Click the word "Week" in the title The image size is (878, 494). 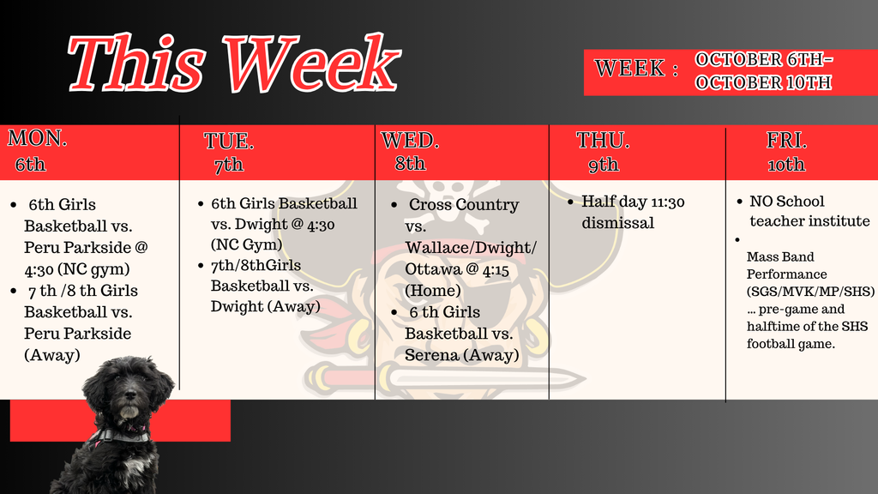(x=312, y=63)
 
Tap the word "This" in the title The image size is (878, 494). (x=137, y=63)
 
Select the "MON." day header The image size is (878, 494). (x=38, y=138)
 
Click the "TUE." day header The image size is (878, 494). (x=228, y=141)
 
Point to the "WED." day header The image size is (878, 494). (x=410, y=140)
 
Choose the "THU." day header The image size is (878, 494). (x=603, y=140)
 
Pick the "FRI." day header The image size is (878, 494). (x=787, y=140)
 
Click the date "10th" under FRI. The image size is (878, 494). (x=787, y=165)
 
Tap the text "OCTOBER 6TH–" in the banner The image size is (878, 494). (x=764, y=59)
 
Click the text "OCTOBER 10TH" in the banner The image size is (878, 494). (x=763, y=83)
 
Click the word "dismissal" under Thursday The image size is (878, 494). (x=617, y=223)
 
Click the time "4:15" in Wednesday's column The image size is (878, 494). (x=496, y=270)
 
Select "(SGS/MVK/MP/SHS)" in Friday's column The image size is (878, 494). (x=810, y=292)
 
